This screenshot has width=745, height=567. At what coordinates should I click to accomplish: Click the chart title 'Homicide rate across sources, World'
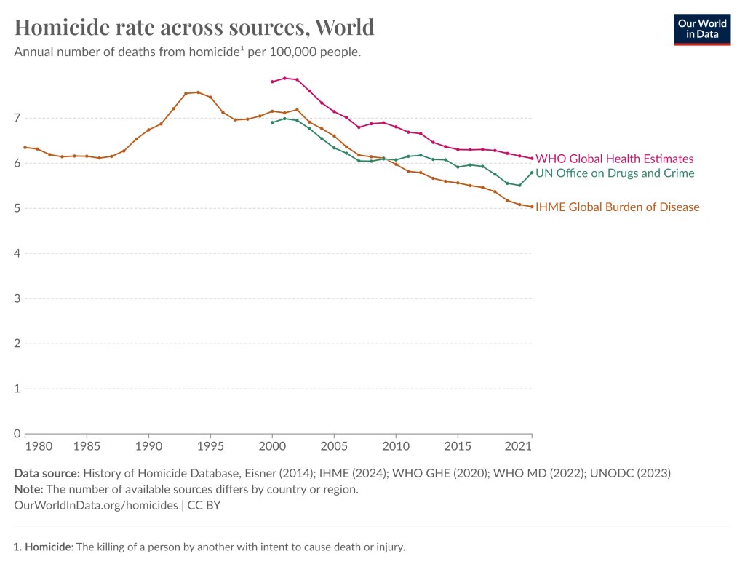(x=194, y=27)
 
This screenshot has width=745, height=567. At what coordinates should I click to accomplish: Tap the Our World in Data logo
(x=701, y=28)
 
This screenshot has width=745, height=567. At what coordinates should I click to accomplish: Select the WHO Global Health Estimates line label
(x=614, y=159)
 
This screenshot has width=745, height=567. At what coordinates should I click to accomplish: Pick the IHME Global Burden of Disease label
(x=617, y=207)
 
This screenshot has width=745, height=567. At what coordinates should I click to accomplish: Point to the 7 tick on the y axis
(x=17, y=118)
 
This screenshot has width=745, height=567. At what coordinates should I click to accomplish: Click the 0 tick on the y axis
(x=17, y=434)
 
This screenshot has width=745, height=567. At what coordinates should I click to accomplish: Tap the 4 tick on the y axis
(x=17, y=253)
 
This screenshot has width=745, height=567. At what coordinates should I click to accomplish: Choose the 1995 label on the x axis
(x=210, y=445)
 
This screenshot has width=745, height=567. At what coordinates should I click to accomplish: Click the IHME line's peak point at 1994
(x=198, y=92)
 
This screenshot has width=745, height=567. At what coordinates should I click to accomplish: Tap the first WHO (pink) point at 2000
(x=272, y=82)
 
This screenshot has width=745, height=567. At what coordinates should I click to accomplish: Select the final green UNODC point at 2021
(x=532, y=173)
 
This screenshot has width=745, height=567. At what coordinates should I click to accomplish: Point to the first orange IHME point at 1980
(x=25, y=147)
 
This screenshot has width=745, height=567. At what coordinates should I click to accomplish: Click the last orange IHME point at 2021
(x=532, y=207)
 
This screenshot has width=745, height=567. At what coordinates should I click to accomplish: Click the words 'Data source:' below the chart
(x=47, y=473)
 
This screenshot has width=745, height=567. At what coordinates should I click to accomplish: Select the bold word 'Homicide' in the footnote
(x=47, y=547)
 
